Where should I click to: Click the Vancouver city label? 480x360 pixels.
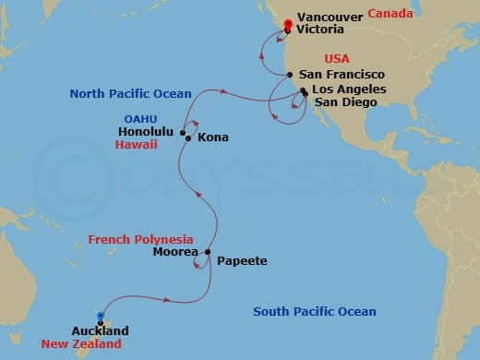(329, 15)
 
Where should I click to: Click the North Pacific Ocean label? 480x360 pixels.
(130, 93)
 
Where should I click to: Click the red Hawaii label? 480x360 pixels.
(138, 145)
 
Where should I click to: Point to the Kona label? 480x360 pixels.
(212, 138)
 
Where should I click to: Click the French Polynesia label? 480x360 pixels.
(140, 240)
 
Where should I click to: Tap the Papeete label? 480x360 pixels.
(242, 261)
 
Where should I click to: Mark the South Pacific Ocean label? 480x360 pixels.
(315, 312)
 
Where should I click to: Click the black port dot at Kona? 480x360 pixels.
(188, 138)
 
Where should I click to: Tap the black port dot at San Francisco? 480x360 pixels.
(290, 75)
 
